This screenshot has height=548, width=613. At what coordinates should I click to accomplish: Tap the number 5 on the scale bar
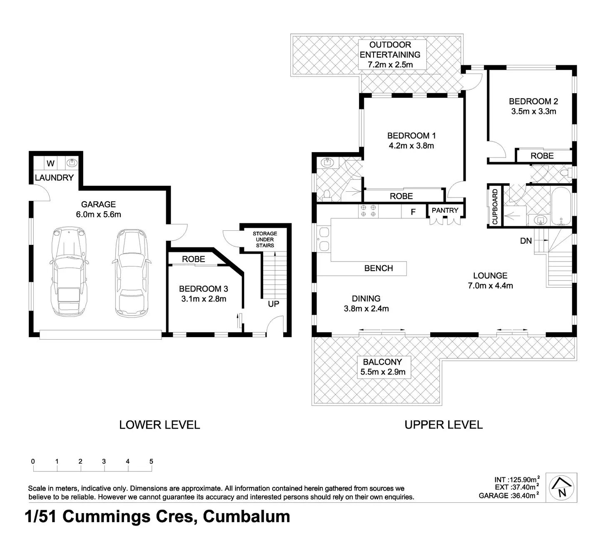(x=151, y=461)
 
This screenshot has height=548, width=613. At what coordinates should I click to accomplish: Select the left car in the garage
(x=69, y=272)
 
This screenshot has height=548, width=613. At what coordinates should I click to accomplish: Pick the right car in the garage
(x=131, y=273)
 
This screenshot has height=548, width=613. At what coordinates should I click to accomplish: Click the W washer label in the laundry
(x=50, y=163)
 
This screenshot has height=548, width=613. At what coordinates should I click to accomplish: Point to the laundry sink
(x=72, y=163)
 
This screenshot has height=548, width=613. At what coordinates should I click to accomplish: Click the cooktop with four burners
(x=368, y=210)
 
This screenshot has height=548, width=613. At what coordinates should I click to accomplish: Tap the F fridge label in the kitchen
(x=413, y=212)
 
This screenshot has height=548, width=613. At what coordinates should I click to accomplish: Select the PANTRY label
(x=445, y=210)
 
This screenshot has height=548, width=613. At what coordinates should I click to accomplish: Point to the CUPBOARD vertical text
(x=495, y=207)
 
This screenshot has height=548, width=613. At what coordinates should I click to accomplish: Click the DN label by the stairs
(x=526, y=241)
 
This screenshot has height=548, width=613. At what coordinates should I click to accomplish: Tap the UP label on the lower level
(x=274, y=304)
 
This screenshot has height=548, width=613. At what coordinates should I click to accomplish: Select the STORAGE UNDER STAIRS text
(x=265, y=239)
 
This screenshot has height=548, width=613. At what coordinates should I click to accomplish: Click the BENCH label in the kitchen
(x=379, y=268)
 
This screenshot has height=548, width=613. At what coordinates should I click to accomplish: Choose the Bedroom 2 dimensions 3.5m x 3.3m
(x=534, y=111)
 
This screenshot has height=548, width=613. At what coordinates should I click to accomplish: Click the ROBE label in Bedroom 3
(x=193, y=259)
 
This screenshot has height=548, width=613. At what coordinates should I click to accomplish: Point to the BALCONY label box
(x=383, y=367)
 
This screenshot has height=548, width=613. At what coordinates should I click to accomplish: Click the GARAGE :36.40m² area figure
(x=508, y=496)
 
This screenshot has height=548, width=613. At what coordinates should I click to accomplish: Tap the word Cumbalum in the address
(x=246, y=516)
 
